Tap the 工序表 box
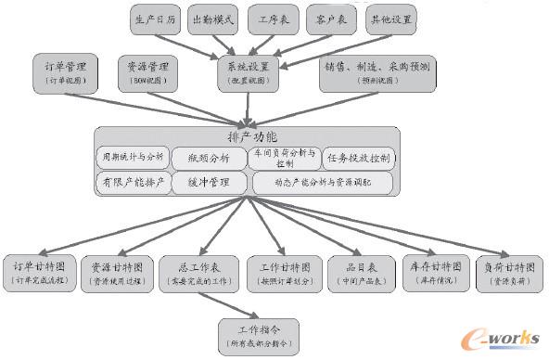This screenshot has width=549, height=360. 274,19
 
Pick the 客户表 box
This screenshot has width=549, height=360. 331,19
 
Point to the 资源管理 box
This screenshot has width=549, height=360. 147,74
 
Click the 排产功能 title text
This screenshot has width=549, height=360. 246,135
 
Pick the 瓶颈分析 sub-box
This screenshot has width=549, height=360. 206,156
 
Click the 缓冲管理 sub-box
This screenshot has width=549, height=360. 208,183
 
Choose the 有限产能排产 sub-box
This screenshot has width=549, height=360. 134,183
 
